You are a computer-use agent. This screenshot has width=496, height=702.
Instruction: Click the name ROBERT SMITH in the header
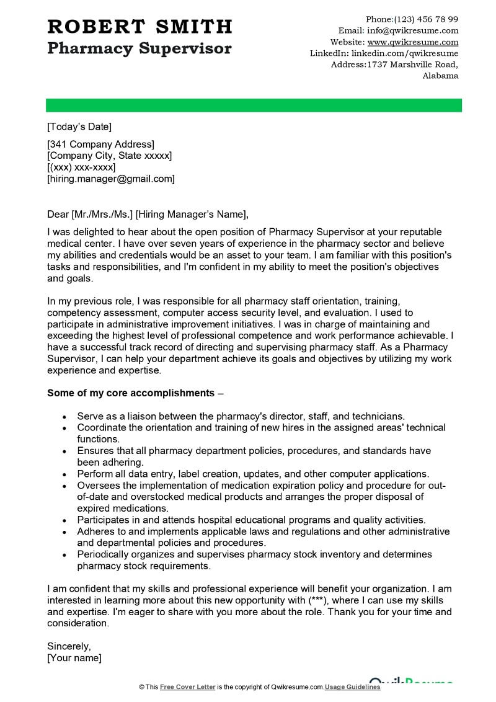(x=139, y=27)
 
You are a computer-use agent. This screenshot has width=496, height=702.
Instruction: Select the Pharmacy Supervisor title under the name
(x=139, y=48)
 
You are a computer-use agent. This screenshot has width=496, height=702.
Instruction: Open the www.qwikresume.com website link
(x=413, y=42)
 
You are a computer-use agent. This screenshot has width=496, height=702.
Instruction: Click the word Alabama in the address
(x=440, y=76)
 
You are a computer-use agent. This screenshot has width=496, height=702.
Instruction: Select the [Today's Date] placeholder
(x=79, y=127)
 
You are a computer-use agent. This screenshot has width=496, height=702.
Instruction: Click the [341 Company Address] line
(x=100, y=144)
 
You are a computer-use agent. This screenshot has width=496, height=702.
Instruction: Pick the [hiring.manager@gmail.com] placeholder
(x=111, y=179)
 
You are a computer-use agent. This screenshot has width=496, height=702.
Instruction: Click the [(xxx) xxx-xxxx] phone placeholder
(x=81, y=167)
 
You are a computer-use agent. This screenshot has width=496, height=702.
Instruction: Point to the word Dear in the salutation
(x=58, y=215)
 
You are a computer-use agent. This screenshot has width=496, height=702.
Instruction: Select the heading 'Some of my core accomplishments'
(x=131, y=393)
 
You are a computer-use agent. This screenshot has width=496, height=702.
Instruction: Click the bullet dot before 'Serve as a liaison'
(x=65, y=417)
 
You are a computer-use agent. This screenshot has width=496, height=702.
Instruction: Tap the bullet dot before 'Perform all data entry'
(x=65, y=474)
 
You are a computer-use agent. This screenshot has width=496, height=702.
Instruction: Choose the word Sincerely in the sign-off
(x=69, y=646)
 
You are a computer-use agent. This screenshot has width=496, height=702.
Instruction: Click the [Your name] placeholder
(x=74, y=658)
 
